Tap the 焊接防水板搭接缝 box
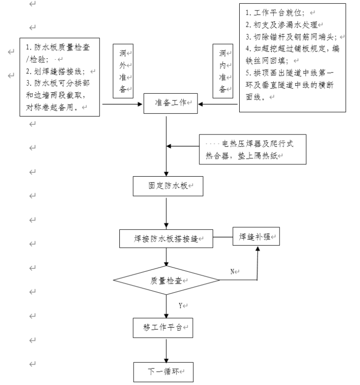166,239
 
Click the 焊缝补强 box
256,236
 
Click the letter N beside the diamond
233,271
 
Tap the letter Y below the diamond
180,306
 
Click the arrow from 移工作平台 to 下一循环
166,350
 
